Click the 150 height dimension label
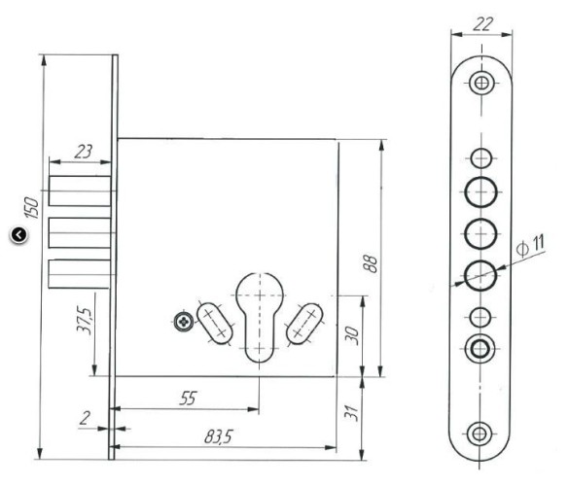(31, 208)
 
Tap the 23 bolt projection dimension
(83, 152)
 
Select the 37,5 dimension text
(85, 321)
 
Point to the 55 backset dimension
(188, 399)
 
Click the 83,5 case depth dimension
(218, 436)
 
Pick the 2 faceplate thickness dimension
(85, 418)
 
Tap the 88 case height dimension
(371, 263)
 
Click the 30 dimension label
(352, 335)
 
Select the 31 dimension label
(351, 413)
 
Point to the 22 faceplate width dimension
(483, 24)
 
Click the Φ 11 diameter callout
(530, 246)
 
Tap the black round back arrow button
(18, 234)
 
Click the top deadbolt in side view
(80, 191)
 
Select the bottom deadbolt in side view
(80, 274)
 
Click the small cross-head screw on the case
(184, 322)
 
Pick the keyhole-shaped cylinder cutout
(260, 317)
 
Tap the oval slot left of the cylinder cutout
(214, 323)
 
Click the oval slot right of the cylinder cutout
(304, 324)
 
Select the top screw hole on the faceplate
(481, 83)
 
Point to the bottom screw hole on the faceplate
(480, 434)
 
